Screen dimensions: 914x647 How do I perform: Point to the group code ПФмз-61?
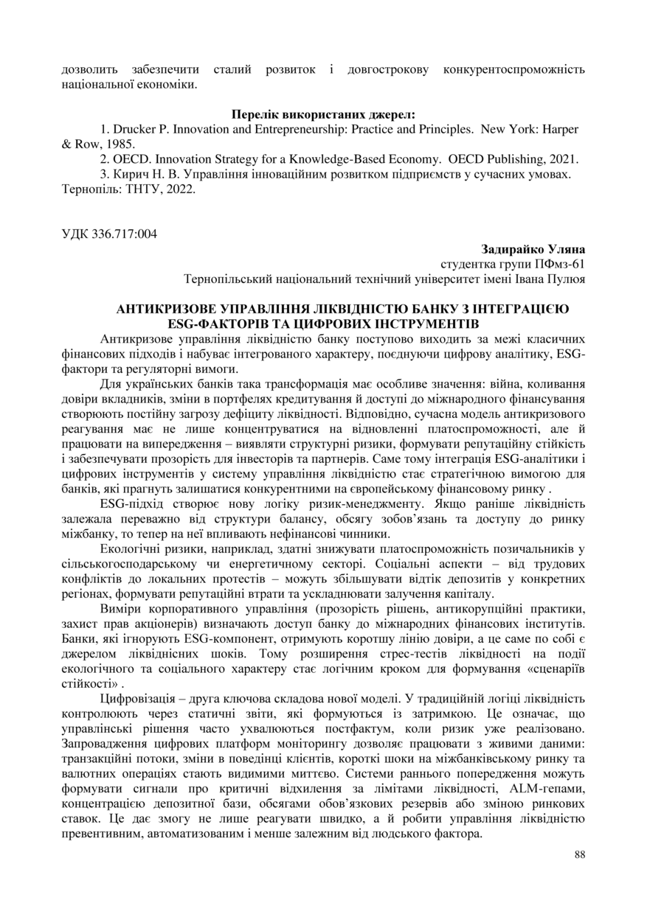[x=554, y=265]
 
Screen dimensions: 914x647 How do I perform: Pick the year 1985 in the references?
[x=120, y=144]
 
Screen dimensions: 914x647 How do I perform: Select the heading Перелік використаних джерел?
[x=323, y=114]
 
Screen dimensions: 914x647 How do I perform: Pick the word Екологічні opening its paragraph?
[x=127, y=550]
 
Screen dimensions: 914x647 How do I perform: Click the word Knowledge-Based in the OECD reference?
[x=333, y=158]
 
